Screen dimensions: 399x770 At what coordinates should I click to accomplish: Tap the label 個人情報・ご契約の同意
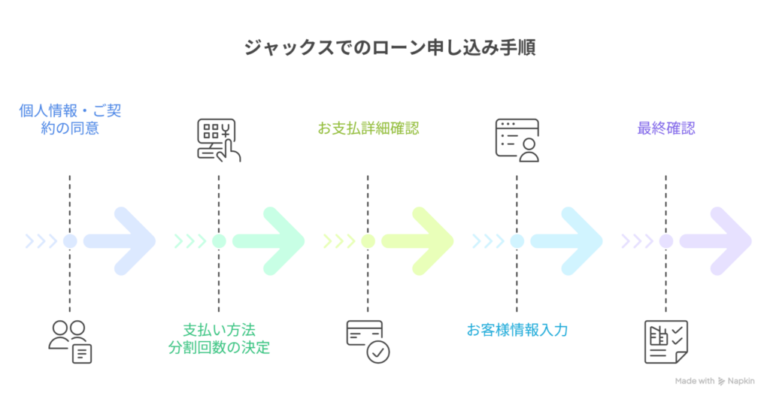(70, 119)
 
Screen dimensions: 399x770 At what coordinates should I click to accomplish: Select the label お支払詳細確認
(368, 128)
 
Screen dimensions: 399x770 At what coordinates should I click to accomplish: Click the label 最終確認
(665, 128)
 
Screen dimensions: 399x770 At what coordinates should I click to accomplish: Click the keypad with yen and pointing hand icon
(218, 140)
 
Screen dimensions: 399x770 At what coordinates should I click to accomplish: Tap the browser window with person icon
(517, 140)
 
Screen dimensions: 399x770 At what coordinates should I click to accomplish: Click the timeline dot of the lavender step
(665, 241)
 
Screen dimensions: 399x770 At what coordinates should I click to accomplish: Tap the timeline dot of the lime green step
(368, 241)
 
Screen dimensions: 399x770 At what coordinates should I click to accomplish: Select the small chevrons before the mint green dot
(189, 241)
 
